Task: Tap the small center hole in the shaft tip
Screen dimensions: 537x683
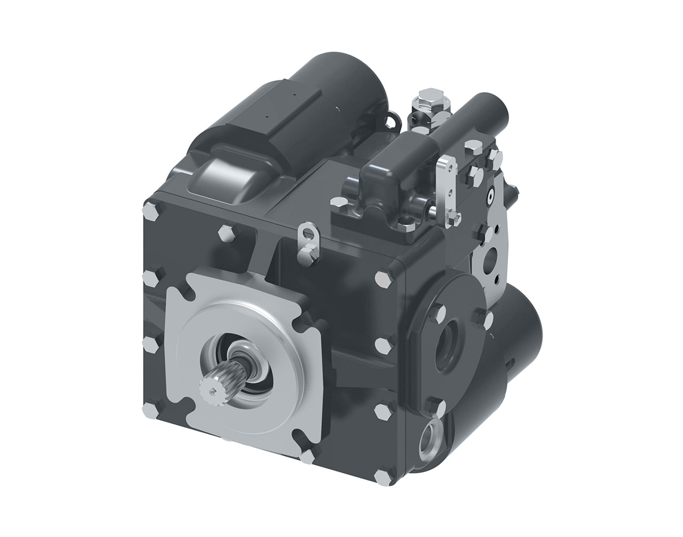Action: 212,391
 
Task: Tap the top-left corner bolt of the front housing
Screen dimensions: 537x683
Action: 152,210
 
